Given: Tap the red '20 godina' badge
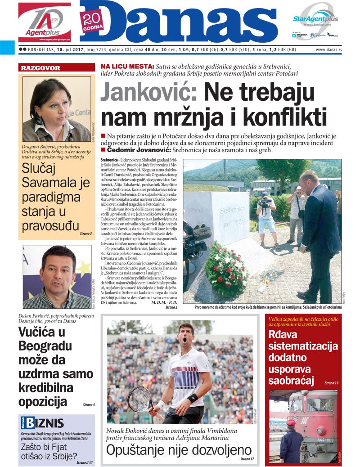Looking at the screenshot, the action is pos(92,21).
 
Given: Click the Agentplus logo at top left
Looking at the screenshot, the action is pos(44,22).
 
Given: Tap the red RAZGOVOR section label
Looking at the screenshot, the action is pos(40,68).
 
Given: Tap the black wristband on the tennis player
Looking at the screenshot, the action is pos(193,398).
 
